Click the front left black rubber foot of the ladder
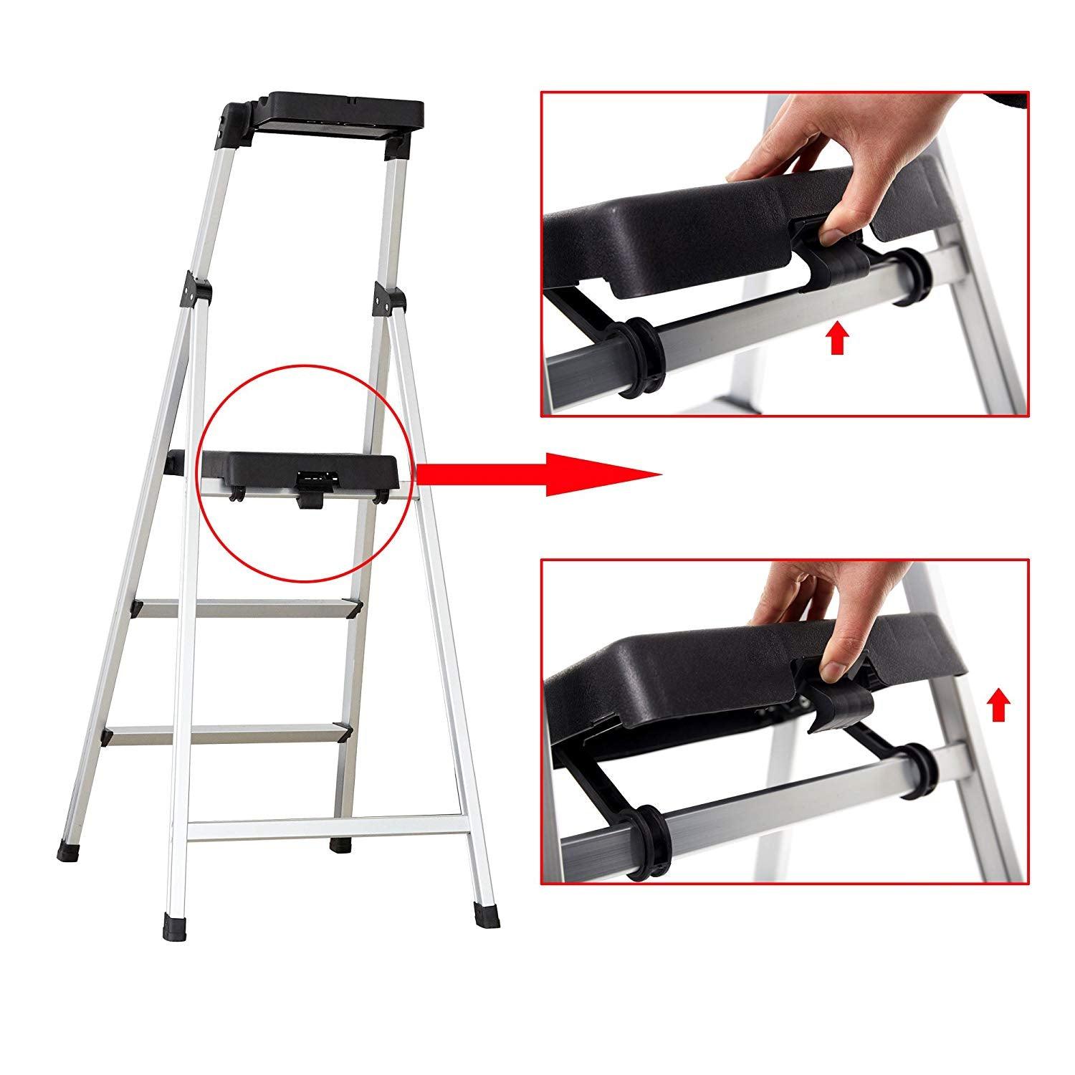coord(172,925)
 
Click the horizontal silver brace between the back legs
coord(322,826)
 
